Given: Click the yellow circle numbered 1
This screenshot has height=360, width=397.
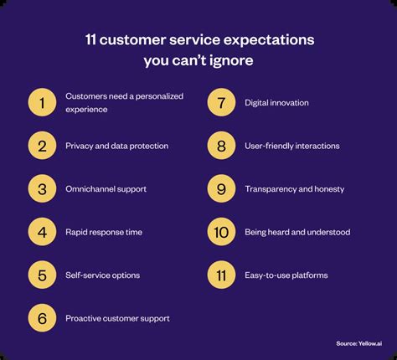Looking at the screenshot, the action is coord(42,102).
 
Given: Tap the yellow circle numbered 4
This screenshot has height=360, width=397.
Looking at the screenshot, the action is coord(42,232).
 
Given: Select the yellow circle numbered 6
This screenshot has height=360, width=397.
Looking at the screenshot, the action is coord(42,318).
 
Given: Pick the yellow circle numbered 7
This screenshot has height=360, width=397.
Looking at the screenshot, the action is coord(221,102).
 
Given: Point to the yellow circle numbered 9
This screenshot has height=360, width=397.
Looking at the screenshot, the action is coord(221,188).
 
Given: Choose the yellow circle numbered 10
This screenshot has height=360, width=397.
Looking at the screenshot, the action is coord(221,232).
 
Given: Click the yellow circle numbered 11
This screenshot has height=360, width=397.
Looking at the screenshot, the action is coord(221,275).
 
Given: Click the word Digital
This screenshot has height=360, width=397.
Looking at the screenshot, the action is coord(255,103).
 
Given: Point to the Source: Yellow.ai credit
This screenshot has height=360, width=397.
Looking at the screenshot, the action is coord(359,343).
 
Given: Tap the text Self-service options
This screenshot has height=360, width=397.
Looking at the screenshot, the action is coord(103,275).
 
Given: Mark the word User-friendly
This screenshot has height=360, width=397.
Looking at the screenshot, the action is coord(269,146).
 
